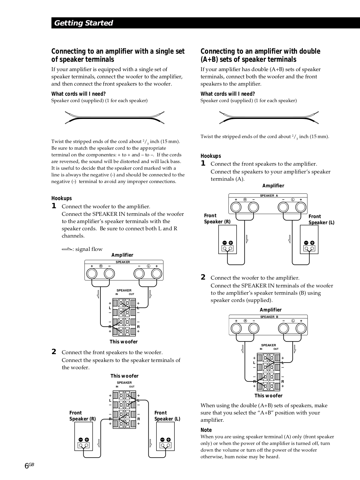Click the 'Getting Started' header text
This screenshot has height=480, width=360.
[83, 23]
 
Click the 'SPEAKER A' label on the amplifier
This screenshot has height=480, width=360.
[269, 196]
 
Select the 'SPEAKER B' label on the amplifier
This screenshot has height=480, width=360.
[269, 317]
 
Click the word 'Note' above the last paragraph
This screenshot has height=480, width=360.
[206, 430]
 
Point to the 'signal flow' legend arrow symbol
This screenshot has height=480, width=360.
[67, 249]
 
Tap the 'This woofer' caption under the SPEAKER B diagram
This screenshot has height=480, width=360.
[268, 396]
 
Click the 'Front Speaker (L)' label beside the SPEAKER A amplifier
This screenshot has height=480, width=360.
[321, 220]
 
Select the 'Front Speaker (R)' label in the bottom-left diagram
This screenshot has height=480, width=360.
[82, 416]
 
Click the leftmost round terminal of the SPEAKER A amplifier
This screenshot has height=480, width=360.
[236, 207]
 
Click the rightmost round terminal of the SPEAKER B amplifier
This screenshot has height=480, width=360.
[301, 329]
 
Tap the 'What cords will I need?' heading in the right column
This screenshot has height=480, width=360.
[228, 94]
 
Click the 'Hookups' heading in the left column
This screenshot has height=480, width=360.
[62, 198]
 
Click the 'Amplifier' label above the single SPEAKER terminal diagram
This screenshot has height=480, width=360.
[122, 255]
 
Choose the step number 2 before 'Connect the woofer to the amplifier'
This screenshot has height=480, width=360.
[203, 277]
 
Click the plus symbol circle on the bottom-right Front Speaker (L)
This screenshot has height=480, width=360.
[168, 440]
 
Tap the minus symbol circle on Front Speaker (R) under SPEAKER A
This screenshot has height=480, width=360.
[225, 243]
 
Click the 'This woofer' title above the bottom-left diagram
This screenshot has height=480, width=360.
[124, 376]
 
